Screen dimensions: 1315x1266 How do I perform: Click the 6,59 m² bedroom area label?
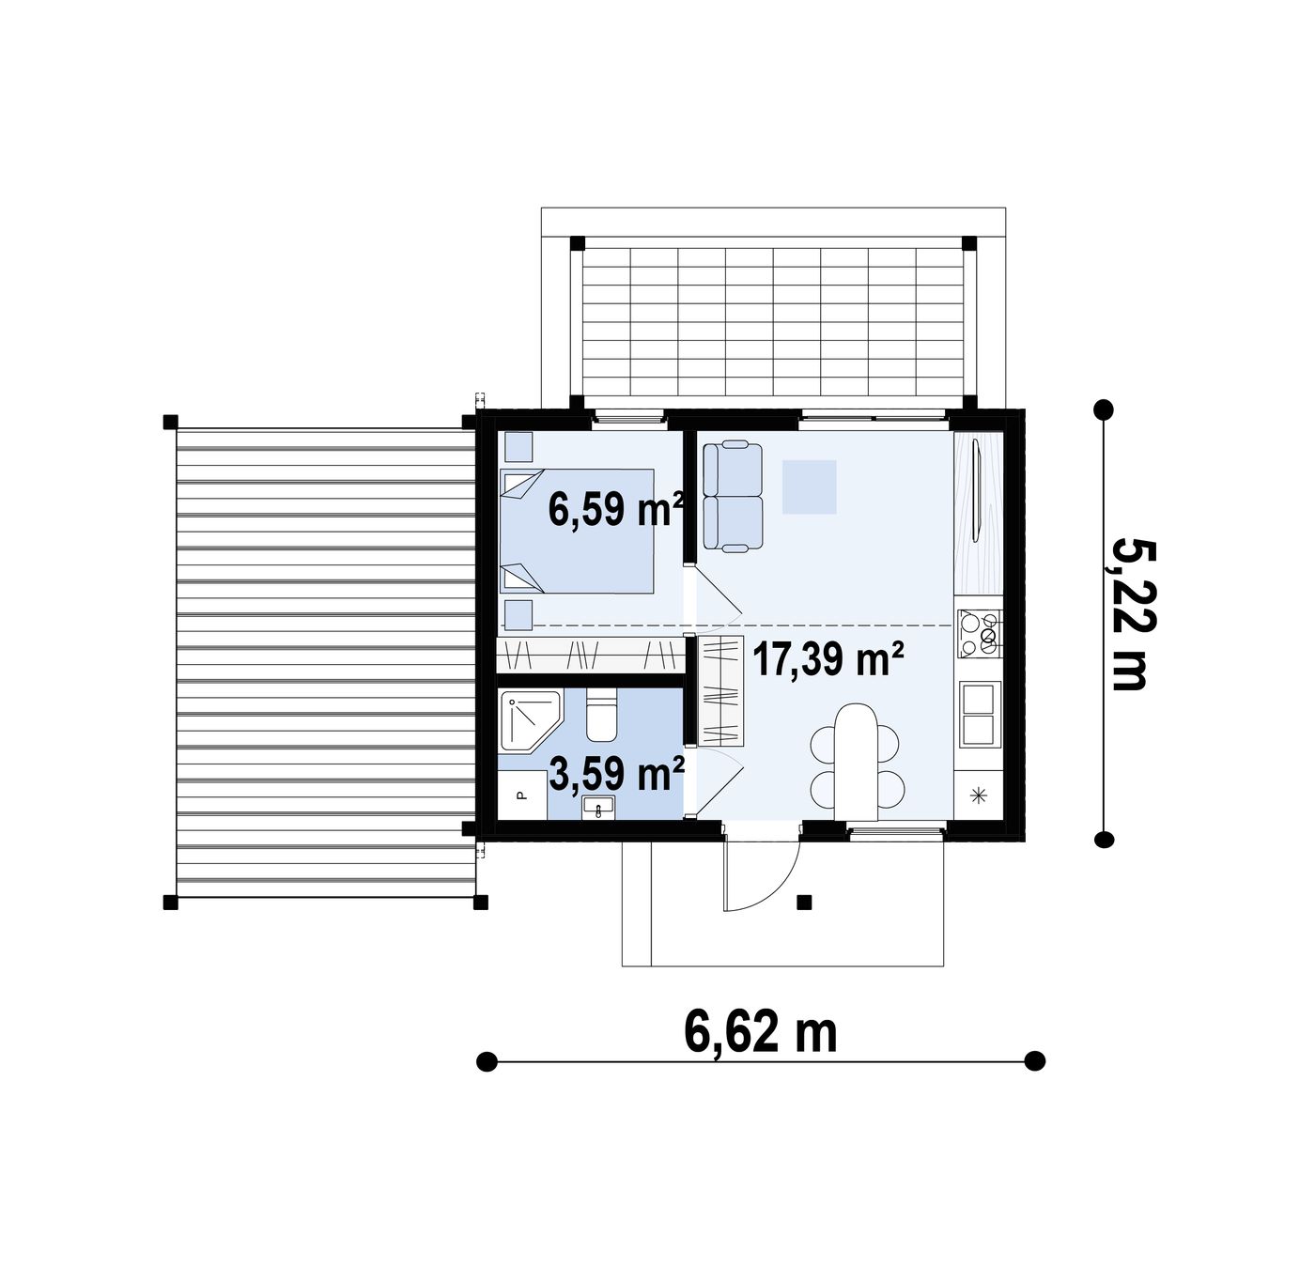[615, 509]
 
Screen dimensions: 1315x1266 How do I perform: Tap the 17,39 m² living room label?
[828, 658]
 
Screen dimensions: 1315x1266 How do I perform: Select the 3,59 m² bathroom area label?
[617, 774]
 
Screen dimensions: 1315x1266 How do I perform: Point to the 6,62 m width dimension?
[760, 1031]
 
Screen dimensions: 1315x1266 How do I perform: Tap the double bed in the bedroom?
[577, 531]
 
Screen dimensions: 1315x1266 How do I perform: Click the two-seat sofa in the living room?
[733, 495]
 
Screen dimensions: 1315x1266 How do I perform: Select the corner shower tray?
[531, 721]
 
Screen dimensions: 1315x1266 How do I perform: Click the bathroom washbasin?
[598, 808]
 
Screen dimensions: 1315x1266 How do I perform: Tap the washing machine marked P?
[522, 796]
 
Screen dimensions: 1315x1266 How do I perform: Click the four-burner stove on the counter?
[979, 633]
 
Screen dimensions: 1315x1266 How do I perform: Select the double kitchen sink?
[980, 715]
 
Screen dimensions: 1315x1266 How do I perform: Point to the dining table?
[857, 762]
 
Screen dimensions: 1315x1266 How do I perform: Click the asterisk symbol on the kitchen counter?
[978, 796]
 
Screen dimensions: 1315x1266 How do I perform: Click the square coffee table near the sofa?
[810, 487]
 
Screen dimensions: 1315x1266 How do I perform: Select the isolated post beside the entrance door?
[804, 902]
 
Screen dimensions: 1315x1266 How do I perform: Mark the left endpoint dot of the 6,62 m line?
[487, 1061]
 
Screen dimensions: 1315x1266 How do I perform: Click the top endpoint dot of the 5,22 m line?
[1104, 409]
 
